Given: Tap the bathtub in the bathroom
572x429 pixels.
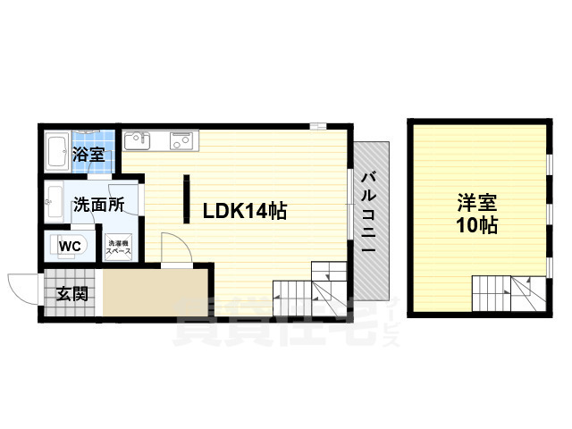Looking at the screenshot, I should pyautogui.click(x=57, y=154).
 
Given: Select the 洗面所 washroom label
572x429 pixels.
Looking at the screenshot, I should pyautogui.click(x=98, y=203).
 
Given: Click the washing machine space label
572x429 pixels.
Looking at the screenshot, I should pyautogui.click(x=120, y=247).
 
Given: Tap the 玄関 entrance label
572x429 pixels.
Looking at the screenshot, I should pyautogui.click(x=73, y=293).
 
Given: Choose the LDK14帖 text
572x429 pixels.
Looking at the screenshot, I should pyautogui.click(x=244, y=211).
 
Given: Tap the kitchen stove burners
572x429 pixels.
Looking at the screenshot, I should pyautogui.click(x=181, y=139).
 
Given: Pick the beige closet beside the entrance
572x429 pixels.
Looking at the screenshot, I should pyautogui.click(x=156, y=291).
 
